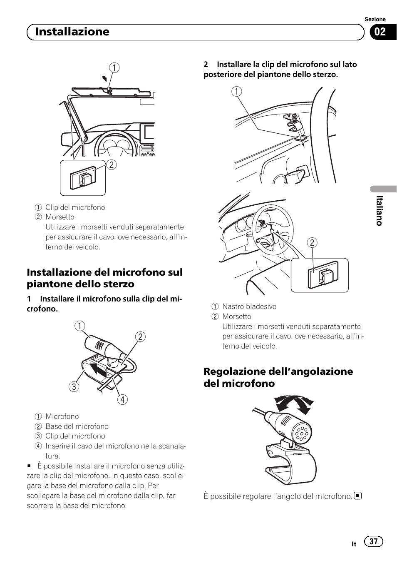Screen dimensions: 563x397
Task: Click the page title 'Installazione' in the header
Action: click(72, 32)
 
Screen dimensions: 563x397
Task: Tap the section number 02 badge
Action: click(380, 32)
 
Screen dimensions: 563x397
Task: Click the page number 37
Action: click(373, 541)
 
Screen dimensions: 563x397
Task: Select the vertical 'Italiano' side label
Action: click(379, 210)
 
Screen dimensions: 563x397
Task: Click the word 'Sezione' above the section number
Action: click(375, 19)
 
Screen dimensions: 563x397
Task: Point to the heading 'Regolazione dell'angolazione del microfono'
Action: click(278, 377)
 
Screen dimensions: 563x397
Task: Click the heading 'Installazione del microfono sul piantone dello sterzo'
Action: click(104, 278)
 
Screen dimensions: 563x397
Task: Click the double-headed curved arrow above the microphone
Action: click(294, 404)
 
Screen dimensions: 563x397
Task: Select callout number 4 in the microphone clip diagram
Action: click(122, 399)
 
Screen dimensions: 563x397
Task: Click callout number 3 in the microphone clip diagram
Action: click(74, 386)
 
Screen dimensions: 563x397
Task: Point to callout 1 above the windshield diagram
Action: click(114, 67)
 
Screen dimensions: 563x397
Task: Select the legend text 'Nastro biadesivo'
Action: click(249, 306)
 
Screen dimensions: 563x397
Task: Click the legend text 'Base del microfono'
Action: click(77, 426)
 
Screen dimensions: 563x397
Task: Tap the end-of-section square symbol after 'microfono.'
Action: click(358, 496)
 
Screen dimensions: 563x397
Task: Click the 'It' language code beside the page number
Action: click(354, 544)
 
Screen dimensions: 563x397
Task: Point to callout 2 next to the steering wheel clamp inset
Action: click(312, 243)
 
